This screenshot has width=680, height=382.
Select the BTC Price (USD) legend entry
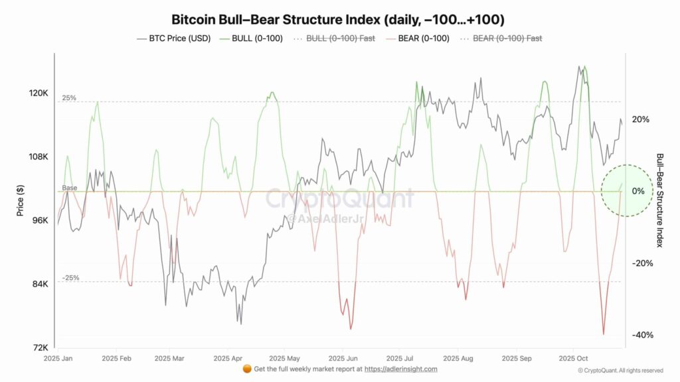[x=174, y=38]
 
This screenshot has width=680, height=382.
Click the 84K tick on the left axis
[x=39, y=285]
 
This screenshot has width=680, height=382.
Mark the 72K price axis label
[x=39, y=348]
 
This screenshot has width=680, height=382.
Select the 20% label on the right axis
[x=640, y=119]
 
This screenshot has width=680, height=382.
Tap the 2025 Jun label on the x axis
[x=341, y=357]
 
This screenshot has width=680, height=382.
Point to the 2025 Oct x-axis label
[x=572, y=357]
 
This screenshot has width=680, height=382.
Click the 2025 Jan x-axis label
[x=57, y=357]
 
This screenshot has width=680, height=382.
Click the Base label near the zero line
[x=70, y=188]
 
